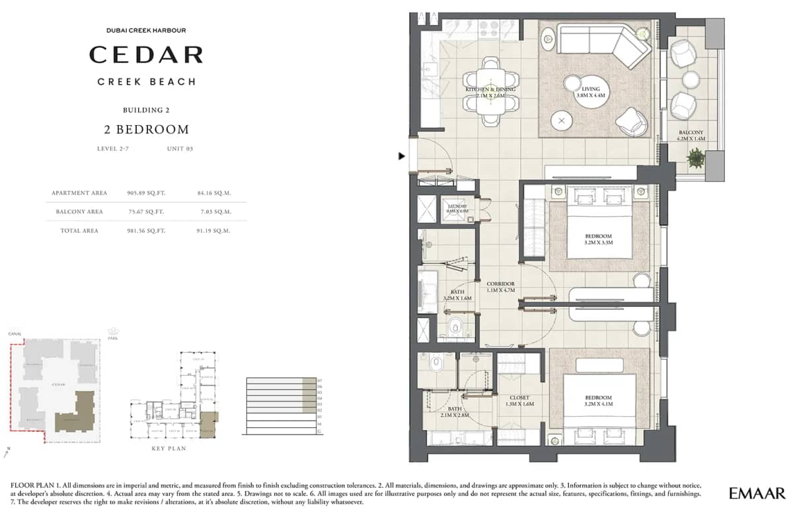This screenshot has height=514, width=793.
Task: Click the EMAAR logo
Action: coord(757,493)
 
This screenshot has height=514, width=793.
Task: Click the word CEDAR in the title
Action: coord(146,54)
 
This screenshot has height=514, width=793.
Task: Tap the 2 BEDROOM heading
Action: coord(146,130)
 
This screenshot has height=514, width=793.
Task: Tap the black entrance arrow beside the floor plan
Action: coord(401,157)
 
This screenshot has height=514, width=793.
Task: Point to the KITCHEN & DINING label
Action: coord(490,89)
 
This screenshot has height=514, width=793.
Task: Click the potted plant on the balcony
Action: coord(695,158)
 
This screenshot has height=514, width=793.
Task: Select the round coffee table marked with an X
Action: coord(562,121)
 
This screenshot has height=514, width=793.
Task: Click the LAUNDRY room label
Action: coord(457,206)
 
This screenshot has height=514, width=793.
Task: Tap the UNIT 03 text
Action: coord(180,149)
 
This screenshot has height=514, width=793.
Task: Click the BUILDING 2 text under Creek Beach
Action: coord(146,110)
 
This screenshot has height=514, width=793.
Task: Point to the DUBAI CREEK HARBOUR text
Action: coord(146,30)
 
